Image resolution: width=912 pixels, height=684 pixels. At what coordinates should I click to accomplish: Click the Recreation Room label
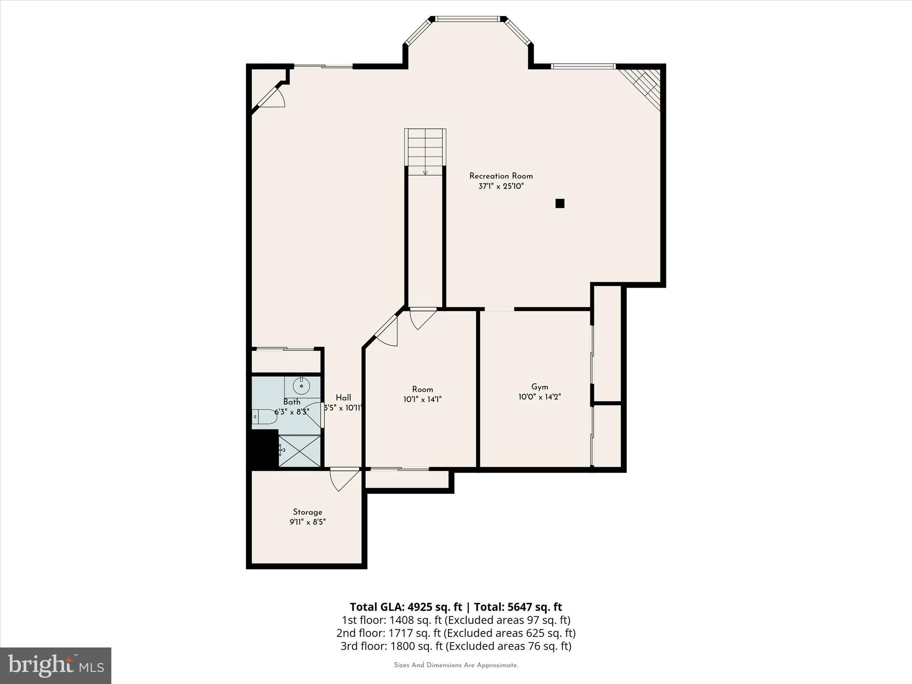(x=501, y=176)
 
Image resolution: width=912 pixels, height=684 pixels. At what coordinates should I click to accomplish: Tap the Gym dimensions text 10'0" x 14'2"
(x=539, y=397)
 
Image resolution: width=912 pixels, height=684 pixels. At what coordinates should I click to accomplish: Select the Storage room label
(x=307, y=512)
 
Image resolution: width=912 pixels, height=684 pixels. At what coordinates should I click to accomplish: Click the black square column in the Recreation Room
(x=560, y=204)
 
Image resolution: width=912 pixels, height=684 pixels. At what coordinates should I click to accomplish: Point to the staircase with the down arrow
(x=425, y=151)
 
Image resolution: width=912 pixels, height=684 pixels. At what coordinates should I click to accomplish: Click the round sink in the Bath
(x=302, y=386)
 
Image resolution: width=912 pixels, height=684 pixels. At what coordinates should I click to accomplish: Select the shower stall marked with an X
(x=299, y=451)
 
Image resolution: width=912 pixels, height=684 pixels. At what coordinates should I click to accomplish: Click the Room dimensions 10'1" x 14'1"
(x=422, y=399)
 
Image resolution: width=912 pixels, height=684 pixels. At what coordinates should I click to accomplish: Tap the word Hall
(x=343, y=398)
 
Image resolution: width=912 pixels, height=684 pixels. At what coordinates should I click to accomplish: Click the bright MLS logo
(x=56, y=665)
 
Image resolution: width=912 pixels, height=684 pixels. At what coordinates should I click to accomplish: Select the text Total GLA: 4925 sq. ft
(x=406, y=607)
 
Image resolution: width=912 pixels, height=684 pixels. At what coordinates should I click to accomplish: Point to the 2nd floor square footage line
(x=456, y=633)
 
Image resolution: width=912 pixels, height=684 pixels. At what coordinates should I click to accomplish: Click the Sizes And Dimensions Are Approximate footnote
(x=456, y=665)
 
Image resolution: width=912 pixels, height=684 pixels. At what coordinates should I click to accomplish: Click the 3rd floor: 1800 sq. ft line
(x=456, y=646)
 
